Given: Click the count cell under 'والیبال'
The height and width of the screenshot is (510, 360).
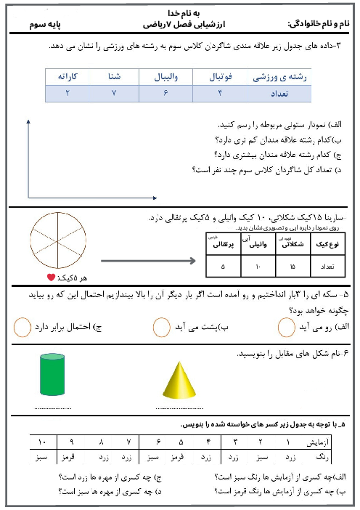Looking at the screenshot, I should click(165, 93).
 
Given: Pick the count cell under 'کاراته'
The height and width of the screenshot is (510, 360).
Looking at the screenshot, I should click(68, 93).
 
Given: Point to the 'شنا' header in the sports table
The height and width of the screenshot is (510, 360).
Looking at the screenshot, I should click(114, 76).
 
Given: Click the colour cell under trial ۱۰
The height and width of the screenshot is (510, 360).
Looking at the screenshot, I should click(42, 458).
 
